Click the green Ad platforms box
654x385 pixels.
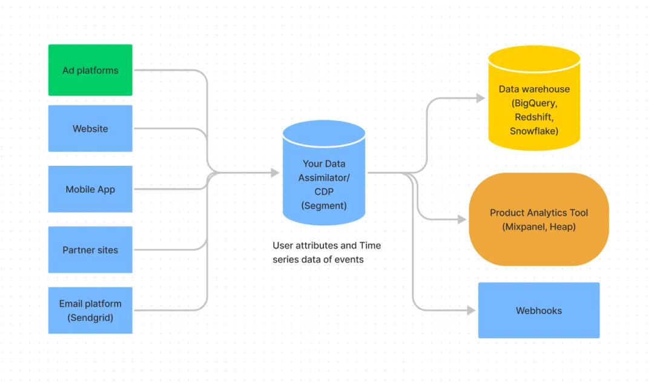click(x=90, y=70)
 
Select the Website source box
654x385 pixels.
click(x=90, y=128)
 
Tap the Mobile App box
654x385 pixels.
click(x=90, y=189)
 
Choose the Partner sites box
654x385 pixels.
click(x=90, y=249)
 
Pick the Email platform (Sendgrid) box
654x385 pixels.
click(x=90, y=310)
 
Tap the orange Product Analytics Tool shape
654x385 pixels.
click(x=538, y=219)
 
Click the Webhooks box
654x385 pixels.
click(x=538, y=310)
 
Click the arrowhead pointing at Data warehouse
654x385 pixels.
click(x=480, y=97)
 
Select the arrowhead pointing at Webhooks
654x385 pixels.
click(x=471, y=311)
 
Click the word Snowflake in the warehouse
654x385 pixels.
click(x=533, y=131)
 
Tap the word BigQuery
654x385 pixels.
click(x=533, y=103)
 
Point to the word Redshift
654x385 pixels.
click(x=533, y=117)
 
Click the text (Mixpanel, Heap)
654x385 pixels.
click(x=538, y=226)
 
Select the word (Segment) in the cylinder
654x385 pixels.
click(x=324, y=205)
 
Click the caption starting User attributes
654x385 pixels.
click(x=326, y=252)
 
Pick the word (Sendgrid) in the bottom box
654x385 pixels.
click(x=90, y=317)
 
